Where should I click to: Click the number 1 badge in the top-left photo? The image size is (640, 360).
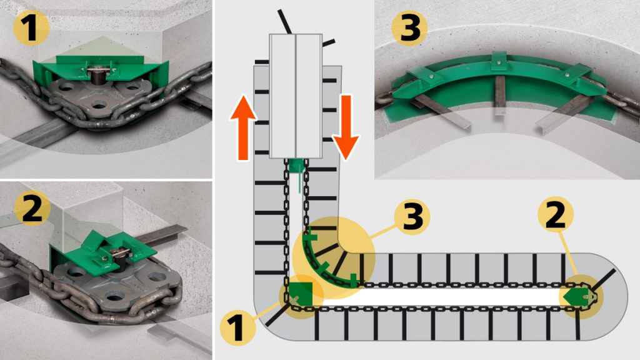[x=29, y=29]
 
